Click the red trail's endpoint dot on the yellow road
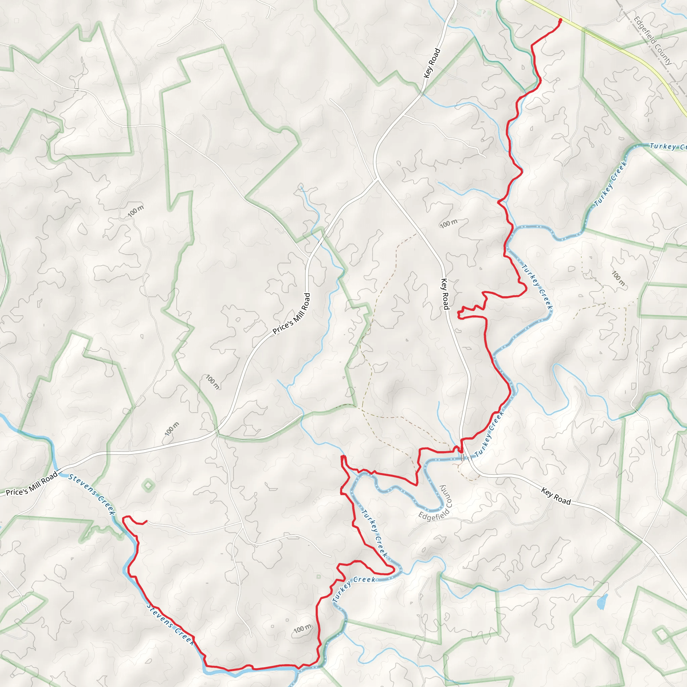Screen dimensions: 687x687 561,20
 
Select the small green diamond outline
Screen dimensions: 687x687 148,485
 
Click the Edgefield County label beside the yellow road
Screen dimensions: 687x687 653,41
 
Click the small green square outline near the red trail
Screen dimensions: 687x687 319,576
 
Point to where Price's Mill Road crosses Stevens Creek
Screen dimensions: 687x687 59,473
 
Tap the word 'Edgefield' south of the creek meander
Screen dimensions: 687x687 431,516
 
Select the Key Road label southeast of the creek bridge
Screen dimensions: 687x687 556,496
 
